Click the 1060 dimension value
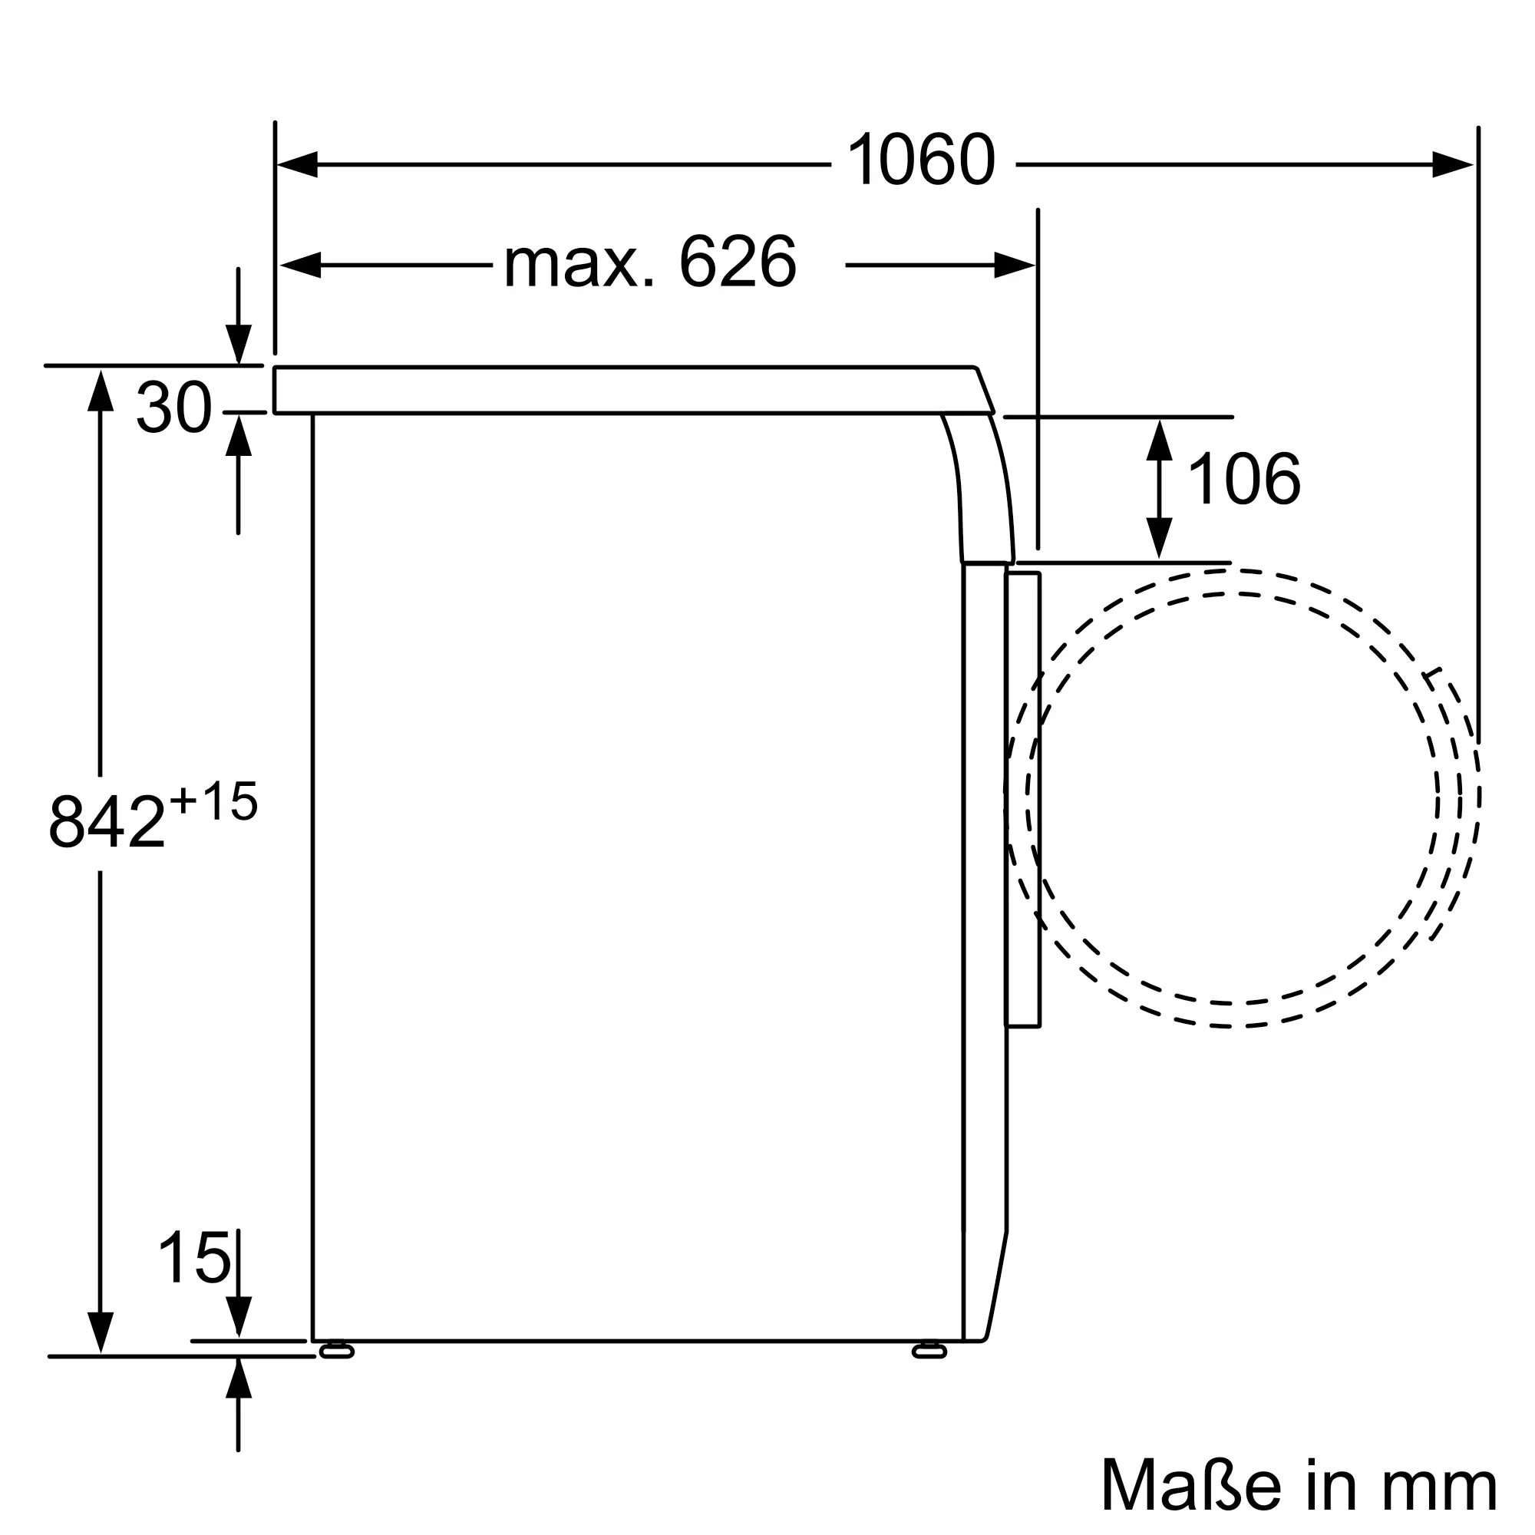(x=921, y=160)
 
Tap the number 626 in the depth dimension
(x=738, y=262)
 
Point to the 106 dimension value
(x=1244, y=478)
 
